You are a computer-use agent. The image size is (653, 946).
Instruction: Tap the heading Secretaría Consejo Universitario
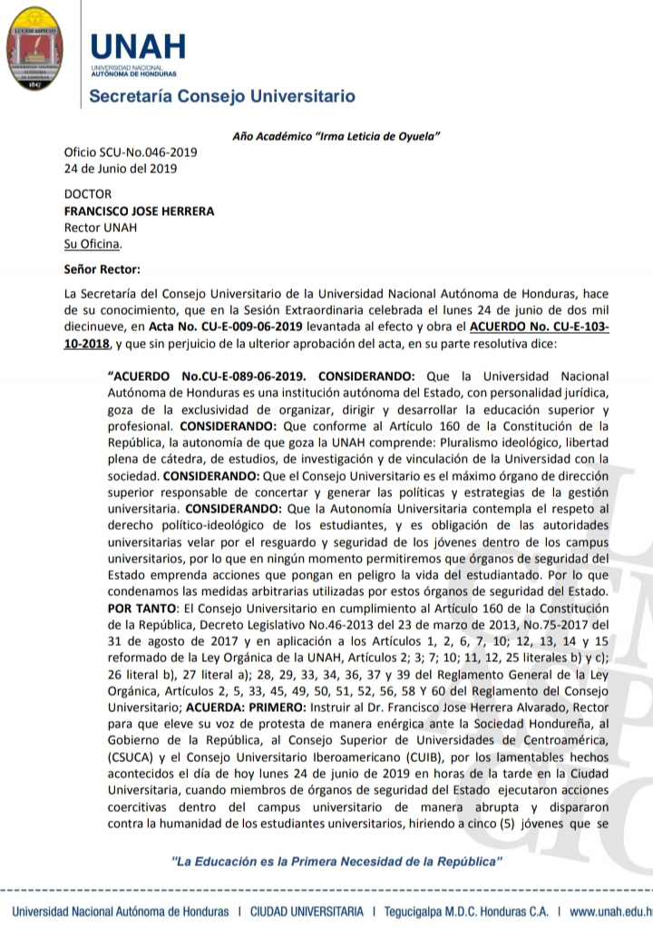click(x=221, y=96)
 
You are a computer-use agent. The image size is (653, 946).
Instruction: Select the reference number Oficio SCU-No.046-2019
click(x=130, y=151)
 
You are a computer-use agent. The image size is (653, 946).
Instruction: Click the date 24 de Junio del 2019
click(x=120, y=168)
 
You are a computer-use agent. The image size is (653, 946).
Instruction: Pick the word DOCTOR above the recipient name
click(x=88, y=194)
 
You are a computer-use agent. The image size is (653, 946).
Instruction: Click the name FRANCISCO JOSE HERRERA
click(x=139, y=211)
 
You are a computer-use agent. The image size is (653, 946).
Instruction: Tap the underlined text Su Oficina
click(x=93, y=244)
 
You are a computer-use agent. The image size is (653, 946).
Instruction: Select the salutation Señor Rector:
click(x=102, y=268)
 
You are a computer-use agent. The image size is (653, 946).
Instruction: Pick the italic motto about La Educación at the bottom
click(x=337, y=859)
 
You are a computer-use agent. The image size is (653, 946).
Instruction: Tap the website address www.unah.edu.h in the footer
click(x=611, y=912)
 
